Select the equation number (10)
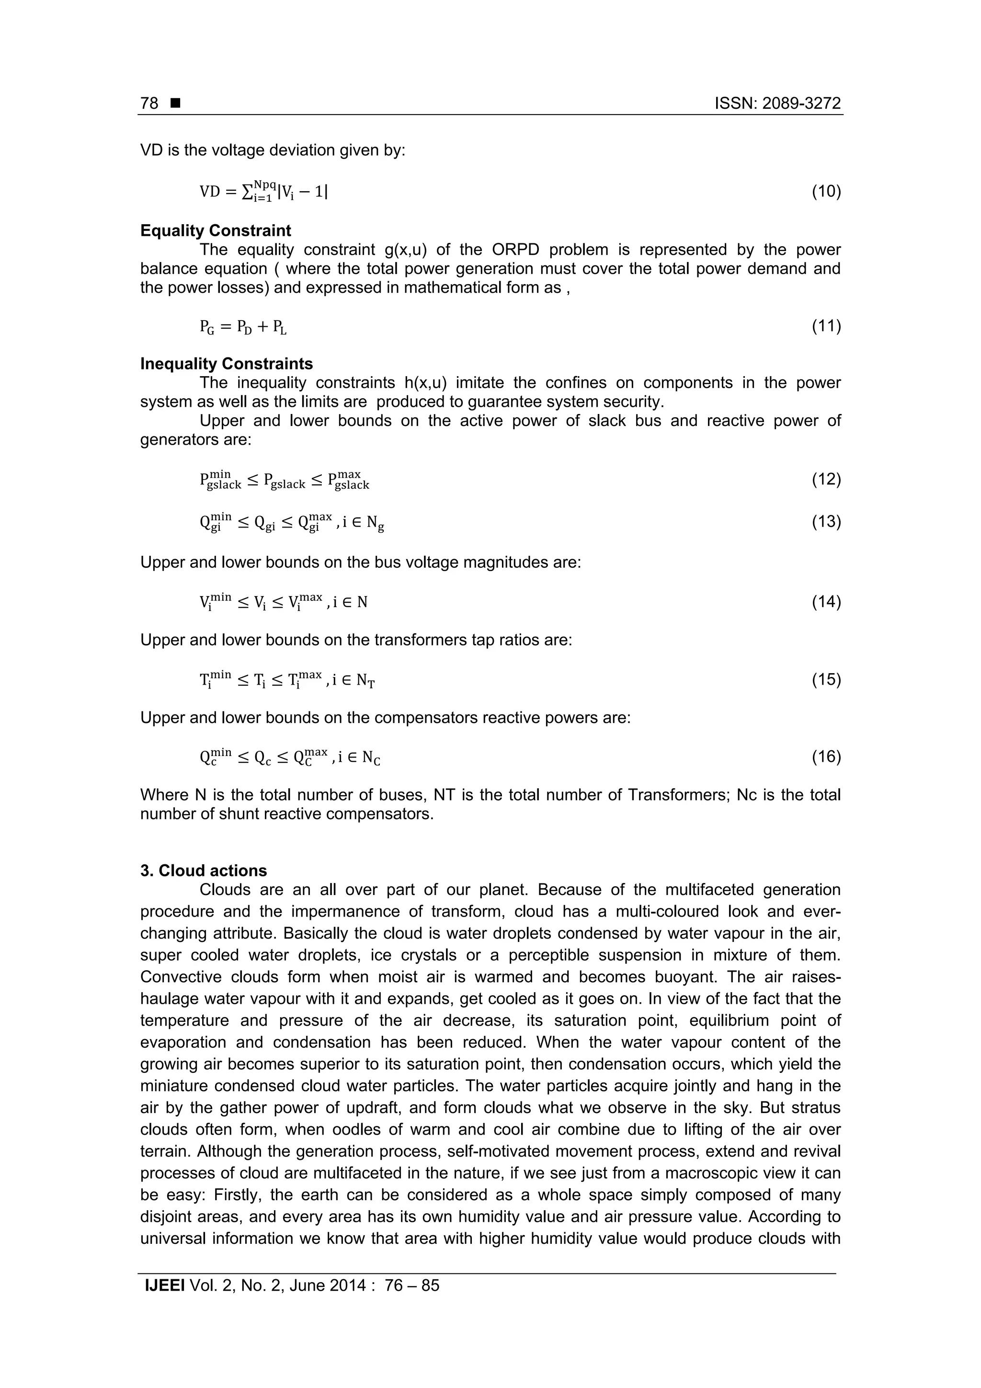[x=826, y=192]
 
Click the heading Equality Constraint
[x=215, y=230]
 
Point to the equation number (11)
[x=826, y=326]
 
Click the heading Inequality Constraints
[x=226, y=364]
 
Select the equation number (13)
[x=826, y=521]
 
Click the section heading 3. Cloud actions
[x=203, y=871]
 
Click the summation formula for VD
[x=263, y=191]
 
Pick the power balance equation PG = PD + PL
[x=243, y=327]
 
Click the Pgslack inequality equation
[x=284, y=481]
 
